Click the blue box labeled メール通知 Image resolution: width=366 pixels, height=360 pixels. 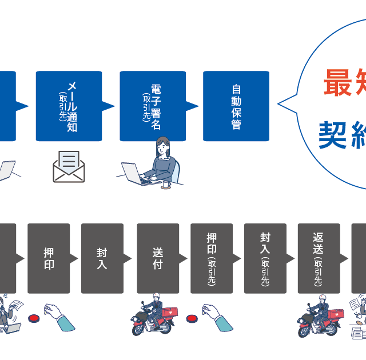pyautogui.click(x=69, y=106)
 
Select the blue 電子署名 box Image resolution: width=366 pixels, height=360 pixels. pyautogui.click(x=153, y=106)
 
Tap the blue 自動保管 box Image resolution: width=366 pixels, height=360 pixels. pyautogui.click(x=236, y=106)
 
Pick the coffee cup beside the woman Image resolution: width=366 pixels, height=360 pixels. pyautogui.click(x=166, y=184)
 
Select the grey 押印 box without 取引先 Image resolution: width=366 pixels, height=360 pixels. pyautogui.click(x=49, y=258)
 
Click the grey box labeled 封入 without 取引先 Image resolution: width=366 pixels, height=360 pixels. pyautogui.click(x=102, y=258)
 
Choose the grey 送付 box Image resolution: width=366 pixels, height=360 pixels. pyautogui.click(x=158, y=258)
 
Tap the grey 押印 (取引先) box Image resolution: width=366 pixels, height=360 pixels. pyautogui.click(x=212, y=258)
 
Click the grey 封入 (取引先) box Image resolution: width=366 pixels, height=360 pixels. pyautogui.click(x=265, y=258)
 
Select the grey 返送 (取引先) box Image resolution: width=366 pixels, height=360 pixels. pyautogui.click(x=319, y=258)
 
